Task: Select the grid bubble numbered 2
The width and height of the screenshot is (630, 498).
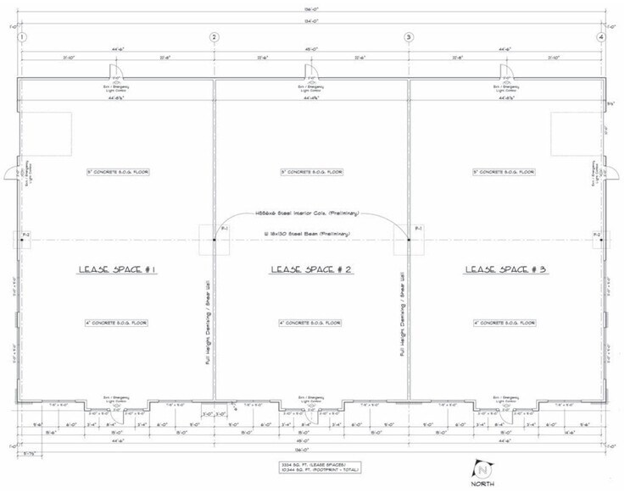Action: (214, 37)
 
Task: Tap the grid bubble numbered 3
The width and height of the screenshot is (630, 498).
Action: (409, 37)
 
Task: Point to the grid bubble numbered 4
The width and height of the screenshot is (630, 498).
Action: (600, 37)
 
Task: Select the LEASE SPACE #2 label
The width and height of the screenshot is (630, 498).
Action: (311, 269)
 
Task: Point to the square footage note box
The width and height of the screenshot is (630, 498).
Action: (311, 468)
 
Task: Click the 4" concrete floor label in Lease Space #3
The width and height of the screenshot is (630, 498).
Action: (505, 323)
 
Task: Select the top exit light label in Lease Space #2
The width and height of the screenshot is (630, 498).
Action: (311, 89)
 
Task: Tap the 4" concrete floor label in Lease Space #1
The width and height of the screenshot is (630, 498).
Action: (118, 323)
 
